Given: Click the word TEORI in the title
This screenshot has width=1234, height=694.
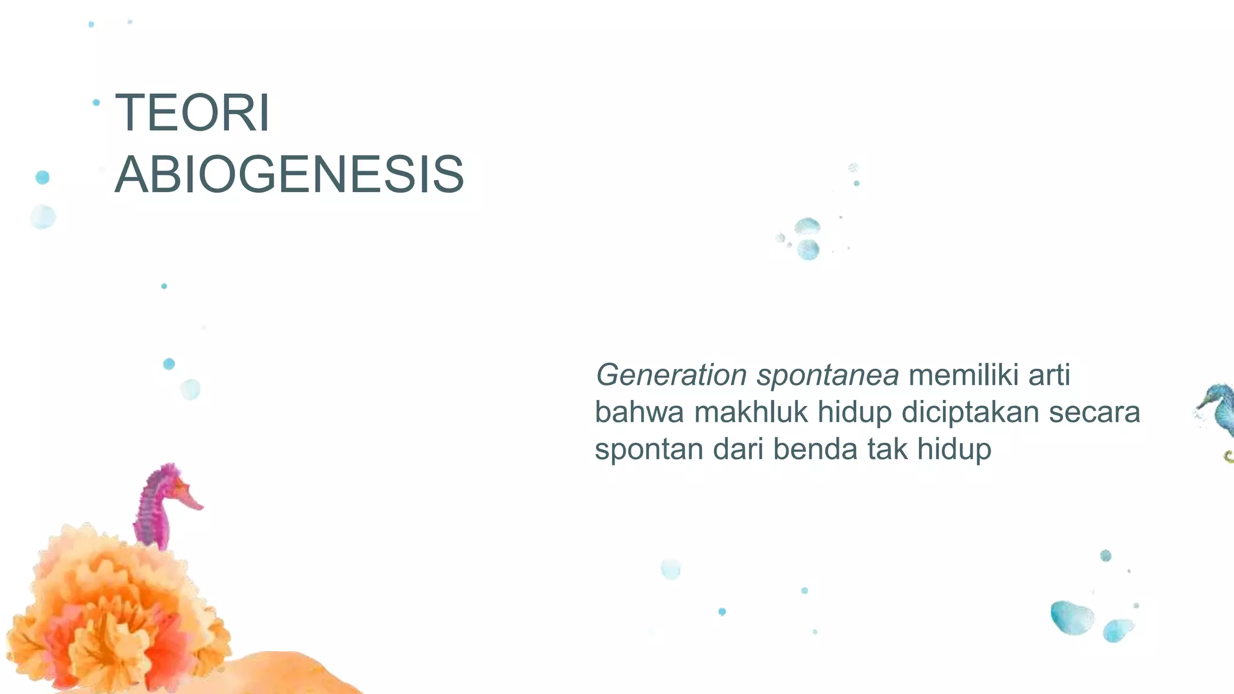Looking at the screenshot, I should click(x=192, y=113).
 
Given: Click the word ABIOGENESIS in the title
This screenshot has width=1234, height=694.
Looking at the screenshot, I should click(x=289, y=175).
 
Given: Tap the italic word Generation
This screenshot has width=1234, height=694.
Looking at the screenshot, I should click(x=671, y=375).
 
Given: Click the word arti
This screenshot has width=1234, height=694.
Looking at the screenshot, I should click(x=1049, y=375).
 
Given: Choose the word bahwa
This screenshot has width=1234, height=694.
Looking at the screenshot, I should click(x=639, y=413).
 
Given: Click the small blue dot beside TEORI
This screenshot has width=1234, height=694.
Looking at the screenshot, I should click(x=96, y=103).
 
